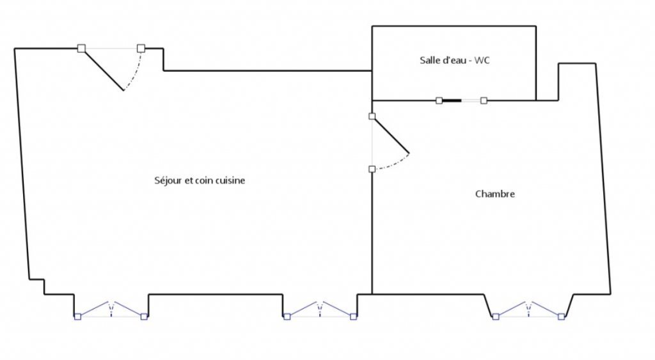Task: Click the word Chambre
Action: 495,194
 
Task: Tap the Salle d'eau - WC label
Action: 455,60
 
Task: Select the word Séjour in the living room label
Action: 168,180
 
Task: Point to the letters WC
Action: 482,60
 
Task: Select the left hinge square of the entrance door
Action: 81,49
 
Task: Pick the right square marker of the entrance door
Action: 141,49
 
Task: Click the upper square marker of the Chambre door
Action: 372,116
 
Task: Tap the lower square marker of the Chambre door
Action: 372,169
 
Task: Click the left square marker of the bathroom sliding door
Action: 439,100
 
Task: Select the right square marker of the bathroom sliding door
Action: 484,100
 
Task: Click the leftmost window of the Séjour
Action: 111,309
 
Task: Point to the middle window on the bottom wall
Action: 320,309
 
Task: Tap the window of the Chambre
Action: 529,309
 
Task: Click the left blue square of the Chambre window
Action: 496,317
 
